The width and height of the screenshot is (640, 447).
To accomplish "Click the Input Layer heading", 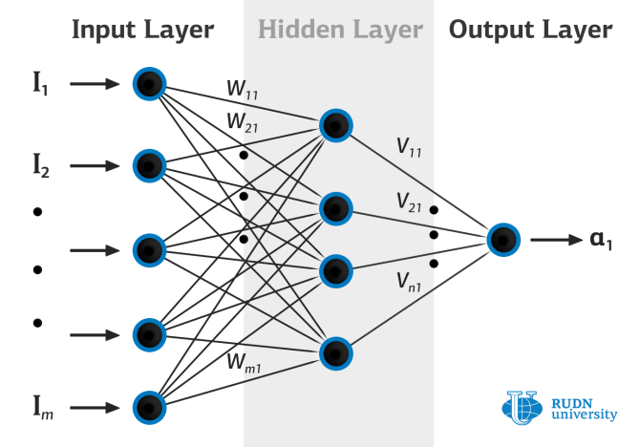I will pos(141,30).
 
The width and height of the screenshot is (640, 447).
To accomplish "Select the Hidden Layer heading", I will pos(339,30).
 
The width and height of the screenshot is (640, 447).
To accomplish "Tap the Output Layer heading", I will pos(529,30).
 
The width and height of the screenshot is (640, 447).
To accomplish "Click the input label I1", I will pos(39,85).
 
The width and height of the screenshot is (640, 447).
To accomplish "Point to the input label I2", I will pos(39,168).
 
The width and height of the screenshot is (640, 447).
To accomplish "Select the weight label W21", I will pos(242,123).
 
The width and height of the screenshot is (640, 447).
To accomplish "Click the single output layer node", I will pos(503,239).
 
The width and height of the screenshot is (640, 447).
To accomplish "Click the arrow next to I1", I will pos(94,84).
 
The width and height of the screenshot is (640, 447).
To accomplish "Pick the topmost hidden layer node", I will pos(335,124).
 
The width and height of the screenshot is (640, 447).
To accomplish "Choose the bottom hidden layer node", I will pos(335,353).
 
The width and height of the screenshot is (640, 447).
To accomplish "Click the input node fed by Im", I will pos(149,407).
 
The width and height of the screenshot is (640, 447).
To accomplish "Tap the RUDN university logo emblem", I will pos(522,407).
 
